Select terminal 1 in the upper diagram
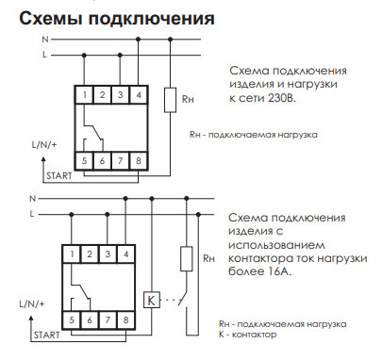[85, 94]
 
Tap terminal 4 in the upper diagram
[140, 94]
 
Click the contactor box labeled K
[149, 301]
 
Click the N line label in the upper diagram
[43, 41]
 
